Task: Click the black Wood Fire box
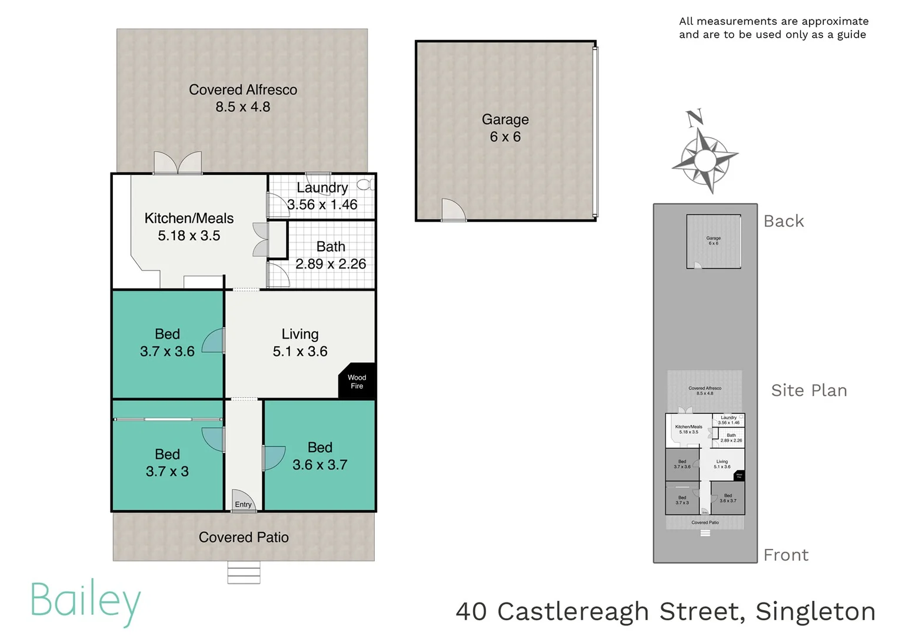[x=357, y=382]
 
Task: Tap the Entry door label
[x=243, y=504]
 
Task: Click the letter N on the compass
[x=695, y=117]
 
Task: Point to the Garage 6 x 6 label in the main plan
[x=505, y=128]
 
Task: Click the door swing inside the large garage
[x=452, y=210]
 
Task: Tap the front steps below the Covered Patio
[x=244, y=572]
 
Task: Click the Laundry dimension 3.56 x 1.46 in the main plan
[x=322, y=204]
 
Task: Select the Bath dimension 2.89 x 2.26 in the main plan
[x=331, y=264]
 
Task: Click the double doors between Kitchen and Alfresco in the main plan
[x=178, y=163]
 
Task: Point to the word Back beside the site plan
[x=783, y=221]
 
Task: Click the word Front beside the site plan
[x=785, y=555]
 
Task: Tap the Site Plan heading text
[x=809, y=390]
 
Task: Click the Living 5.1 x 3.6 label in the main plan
[x=300, y=343]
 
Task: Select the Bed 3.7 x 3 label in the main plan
[x=168, y=463]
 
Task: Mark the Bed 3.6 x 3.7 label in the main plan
[x=320, y=456]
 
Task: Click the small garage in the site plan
[x=714, y=241]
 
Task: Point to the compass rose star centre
[x=705, y=159]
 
